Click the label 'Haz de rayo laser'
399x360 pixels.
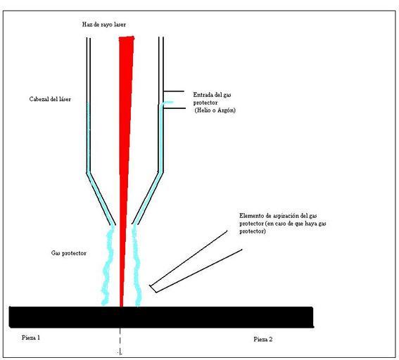(x=104, y=25)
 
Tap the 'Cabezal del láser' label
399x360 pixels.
(x=50, y=99)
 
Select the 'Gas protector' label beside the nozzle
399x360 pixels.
(x=69, y=253)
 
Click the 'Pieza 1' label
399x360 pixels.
(x=31, y=337)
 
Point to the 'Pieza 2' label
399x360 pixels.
(x=263, y=339)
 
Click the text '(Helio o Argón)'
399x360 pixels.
(x=215, y=110)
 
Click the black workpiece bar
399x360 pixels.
(x=161, y=317)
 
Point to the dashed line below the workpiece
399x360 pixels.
(x=120, y=341)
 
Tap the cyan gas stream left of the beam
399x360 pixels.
(x=108, y=266)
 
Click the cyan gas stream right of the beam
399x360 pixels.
(x=137, y=266)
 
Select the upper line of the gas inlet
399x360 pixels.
(x=174, y=91)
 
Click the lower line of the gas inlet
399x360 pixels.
(x=175, y=108)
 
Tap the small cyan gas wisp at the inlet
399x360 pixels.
(x=167, y=103)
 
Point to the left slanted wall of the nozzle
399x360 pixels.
(x=101, y=199)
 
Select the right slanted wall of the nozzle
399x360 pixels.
(x=148, y=198)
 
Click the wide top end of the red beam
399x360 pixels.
(x=127, y=38)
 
